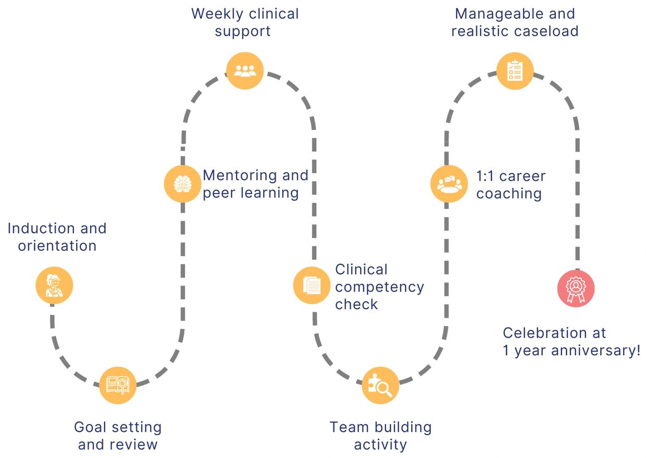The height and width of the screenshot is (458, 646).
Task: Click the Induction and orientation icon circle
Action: pos(54,285)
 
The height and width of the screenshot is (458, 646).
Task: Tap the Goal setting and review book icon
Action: pos(117,385)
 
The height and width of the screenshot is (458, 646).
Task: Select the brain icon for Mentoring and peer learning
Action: pos(182,184)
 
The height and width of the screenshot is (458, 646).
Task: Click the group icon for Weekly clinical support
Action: pos(245,71)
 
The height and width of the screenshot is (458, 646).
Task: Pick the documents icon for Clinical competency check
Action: pos(312,285)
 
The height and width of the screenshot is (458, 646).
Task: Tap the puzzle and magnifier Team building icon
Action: pos(380,385)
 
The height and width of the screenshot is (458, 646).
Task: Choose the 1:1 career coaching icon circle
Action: pos(449,184)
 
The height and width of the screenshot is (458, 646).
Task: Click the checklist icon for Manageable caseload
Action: pos(515,70)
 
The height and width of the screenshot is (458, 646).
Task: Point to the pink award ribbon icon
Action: pos(576,288)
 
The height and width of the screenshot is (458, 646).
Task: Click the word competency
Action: pos(379,287)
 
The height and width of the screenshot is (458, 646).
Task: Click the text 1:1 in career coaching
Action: pos(487,176)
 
